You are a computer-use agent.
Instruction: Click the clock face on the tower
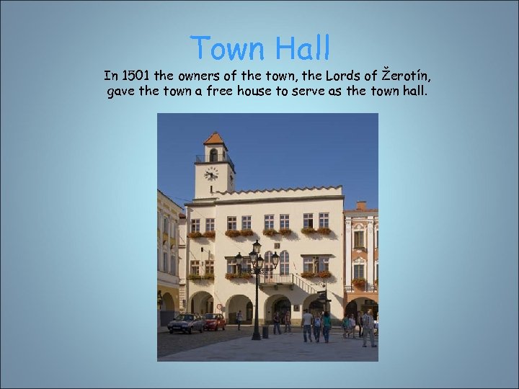(211, 174)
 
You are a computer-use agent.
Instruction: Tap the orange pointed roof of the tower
(214, 138)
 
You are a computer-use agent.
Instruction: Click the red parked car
(214, 321)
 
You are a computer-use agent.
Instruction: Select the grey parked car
(185, 323)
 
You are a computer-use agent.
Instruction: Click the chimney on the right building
(360, 205)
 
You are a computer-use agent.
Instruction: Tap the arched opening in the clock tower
(213, 155)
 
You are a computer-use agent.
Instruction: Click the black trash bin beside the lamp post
(265, 331)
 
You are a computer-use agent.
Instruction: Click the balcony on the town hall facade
(278, 279)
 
